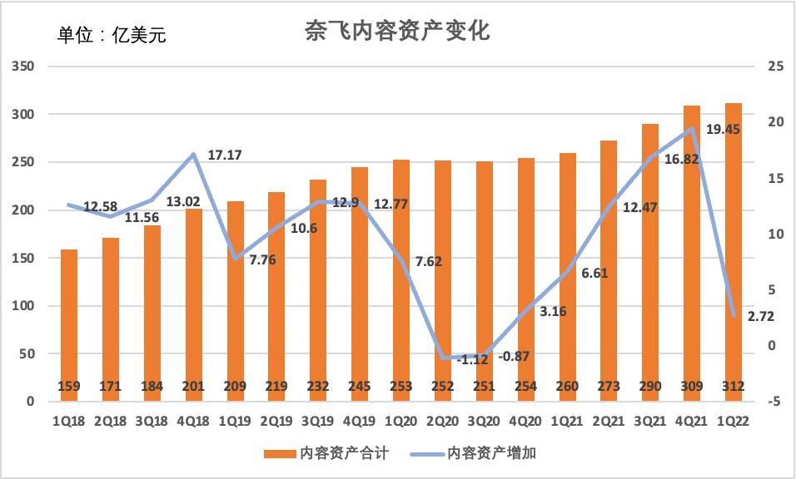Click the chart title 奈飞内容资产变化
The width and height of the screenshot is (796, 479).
coord(398,32)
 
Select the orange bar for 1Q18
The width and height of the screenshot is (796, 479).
coord(69,324)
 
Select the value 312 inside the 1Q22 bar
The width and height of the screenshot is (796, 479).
coord(734,386)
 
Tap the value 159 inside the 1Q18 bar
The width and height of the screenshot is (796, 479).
coord(69,386)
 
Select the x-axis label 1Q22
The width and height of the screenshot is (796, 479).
coord(734,421)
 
